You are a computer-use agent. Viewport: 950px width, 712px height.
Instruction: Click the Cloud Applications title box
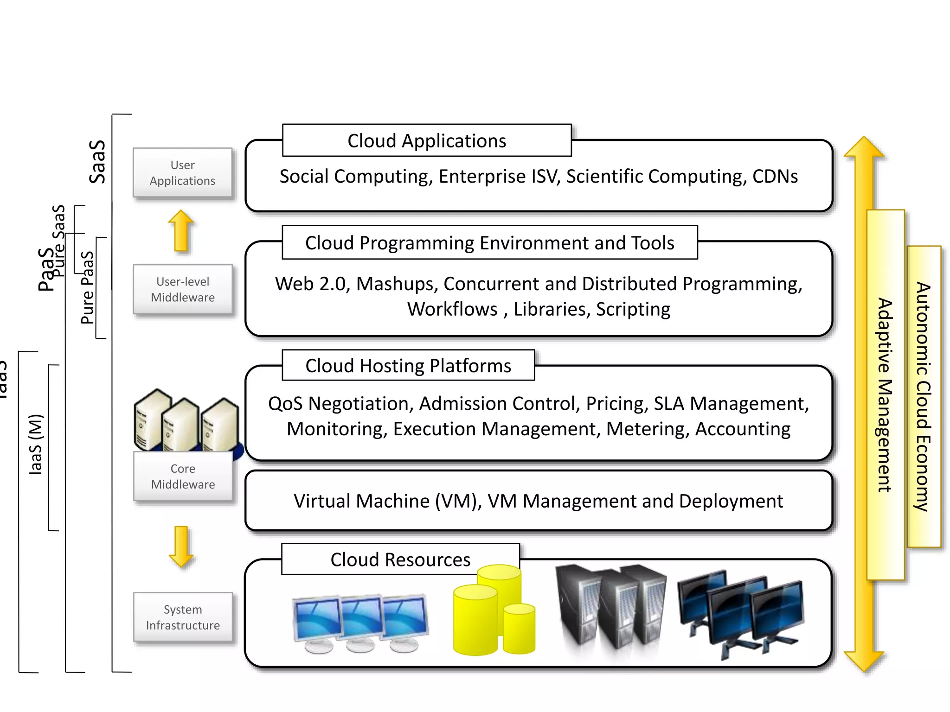tap(426, 140)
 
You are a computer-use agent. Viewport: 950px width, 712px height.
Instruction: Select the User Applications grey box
tap(182, 173)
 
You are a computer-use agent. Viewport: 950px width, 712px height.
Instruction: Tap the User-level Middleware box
tap(182, 289)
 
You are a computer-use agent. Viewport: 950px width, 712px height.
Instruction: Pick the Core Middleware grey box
tap(182, 477)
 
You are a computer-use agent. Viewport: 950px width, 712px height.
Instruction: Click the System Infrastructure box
tap(182, 617)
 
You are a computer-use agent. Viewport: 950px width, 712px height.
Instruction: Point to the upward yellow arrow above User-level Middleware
tap(180, 230)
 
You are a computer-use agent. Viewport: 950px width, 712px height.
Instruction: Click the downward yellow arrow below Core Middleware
tap(180, 547)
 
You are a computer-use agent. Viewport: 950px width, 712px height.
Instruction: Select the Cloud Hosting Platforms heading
tap(408, 365)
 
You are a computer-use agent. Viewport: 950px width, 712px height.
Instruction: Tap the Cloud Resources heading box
tap(400, 559)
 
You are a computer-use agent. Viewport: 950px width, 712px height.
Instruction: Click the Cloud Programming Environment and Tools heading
tap(489, 242)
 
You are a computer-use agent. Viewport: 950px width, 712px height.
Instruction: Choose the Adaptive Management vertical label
tap(885, 394)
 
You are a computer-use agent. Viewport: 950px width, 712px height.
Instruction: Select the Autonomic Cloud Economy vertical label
tap(923, 396)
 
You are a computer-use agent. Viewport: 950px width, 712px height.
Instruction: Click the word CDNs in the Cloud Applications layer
tap(775, 177)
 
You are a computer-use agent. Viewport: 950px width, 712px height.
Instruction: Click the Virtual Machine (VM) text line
tap(538, 501)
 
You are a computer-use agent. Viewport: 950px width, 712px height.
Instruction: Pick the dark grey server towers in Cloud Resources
tap(610, 605)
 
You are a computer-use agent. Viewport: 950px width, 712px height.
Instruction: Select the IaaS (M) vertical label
tap(35, 444)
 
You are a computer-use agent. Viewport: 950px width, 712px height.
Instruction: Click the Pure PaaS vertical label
tap(87, 287)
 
